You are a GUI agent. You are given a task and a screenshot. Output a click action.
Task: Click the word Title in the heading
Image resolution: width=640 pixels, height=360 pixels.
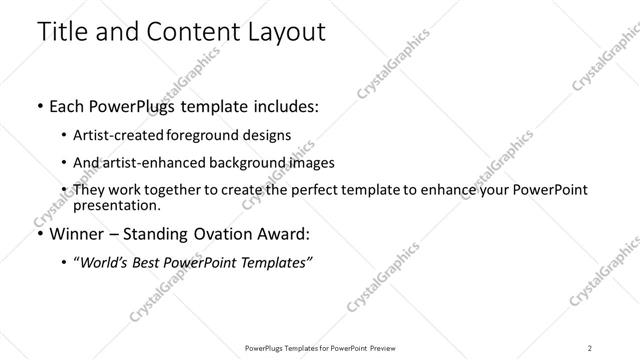[x=61, y=31]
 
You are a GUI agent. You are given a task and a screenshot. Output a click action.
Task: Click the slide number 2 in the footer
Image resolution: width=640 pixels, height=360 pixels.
[x=590, y=348]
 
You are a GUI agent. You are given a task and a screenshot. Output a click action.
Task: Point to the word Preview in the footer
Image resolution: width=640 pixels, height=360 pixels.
[x=381, y=348]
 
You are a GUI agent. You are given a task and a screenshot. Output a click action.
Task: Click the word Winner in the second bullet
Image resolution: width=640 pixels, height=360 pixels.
[x=77, y=235]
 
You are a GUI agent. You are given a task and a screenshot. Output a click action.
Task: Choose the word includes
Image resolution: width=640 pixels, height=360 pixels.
[x=284, y=107]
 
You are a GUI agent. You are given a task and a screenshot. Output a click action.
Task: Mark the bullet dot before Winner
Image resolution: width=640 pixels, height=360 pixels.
[x=39, y=235]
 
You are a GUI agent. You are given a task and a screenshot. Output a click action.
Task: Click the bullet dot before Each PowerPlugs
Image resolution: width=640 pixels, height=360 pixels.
[x=39, y=107]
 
